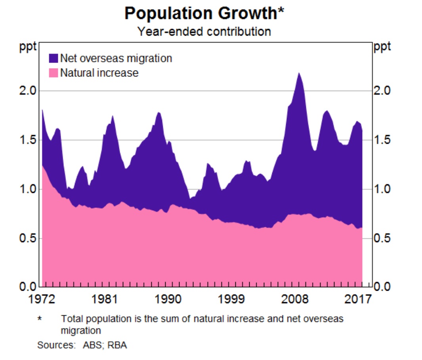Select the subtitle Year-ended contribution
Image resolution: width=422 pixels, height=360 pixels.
[x=204, y=31]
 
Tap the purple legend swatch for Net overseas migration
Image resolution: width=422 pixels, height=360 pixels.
[x=53, y=59]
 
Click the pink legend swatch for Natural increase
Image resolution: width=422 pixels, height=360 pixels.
[x=53, y=73]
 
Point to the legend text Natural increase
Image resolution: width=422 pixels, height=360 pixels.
[x=99, y=73]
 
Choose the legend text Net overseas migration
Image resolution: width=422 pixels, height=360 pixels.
[x=116, y=59]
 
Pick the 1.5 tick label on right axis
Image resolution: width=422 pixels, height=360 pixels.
[x=382, y=140]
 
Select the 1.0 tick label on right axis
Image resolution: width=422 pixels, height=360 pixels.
[x=382, y=189]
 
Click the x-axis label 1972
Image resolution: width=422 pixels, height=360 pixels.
[x=42, y=298]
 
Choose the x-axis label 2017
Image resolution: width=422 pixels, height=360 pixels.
[x=358, y=298]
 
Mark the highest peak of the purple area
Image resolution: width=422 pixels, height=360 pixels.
[x=299, y=73]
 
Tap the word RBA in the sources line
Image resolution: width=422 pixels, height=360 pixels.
[x=119, y=345]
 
